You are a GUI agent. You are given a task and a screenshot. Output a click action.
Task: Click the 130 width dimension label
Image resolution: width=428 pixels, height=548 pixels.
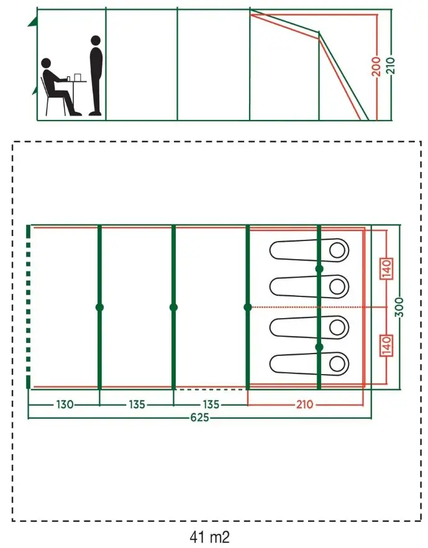point(65,404)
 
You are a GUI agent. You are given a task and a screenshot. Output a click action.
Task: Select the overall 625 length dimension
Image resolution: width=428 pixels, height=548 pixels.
point(200,418)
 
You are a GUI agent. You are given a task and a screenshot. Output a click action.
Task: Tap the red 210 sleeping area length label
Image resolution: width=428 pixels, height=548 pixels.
point(304,404)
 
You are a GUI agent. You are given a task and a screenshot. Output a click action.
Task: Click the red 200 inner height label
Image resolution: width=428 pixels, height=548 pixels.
point(376,66)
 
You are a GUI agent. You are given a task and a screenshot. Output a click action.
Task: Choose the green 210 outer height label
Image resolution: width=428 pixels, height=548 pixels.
point(390,65)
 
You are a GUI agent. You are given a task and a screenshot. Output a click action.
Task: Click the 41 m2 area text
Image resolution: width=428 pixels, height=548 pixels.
point(209,537)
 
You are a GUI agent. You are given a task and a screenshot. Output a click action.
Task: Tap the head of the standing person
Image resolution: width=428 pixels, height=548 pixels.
point(96,40)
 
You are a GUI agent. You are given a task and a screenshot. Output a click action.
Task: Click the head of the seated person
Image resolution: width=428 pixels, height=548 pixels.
point(46,63)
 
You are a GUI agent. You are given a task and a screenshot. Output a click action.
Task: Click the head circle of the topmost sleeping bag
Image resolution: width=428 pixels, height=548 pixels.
point(337,250)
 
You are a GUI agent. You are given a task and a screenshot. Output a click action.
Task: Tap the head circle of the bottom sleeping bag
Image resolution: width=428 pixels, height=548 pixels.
point(337,364)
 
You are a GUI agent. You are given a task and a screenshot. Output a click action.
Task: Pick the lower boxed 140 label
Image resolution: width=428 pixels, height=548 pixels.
point(387,345)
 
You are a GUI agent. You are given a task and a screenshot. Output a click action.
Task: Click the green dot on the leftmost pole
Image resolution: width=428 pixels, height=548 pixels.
point(99,308)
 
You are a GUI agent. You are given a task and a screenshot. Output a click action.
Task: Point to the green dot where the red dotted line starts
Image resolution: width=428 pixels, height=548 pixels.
point(248,308)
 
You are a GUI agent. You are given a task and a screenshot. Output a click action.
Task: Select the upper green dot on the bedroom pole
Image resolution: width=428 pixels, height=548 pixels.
point(319,269)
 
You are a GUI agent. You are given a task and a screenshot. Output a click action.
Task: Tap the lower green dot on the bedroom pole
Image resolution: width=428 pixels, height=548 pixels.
point(319,347)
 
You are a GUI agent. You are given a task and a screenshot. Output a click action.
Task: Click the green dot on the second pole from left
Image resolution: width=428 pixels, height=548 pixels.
point(174,308)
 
